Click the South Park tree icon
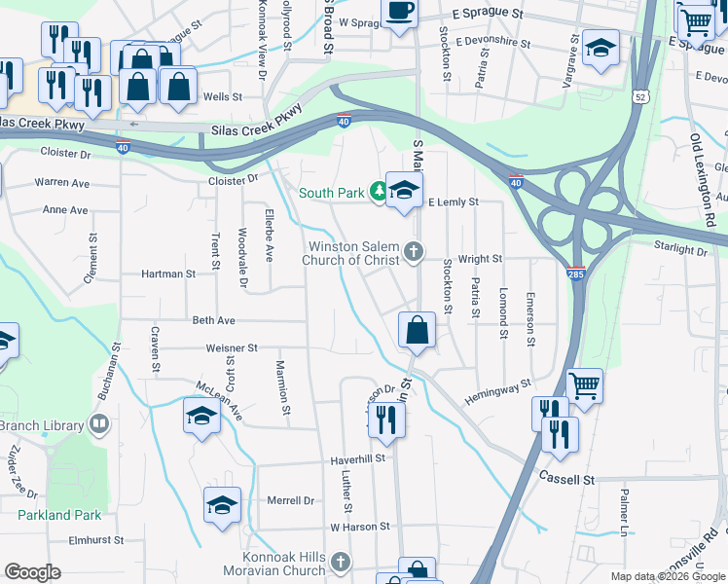[379, 193]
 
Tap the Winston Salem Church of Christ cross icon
[414, 252]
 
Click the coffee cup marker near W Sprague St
[398, 12]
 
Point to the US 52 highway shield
[638, 96]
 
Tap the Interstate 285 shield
[576, 275]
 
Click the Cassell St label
[566, 480]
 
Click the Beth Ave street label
[214, 320]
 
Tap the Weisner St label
[231, 347]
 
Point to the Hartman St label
[168, 274]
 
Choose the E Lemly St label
[455, 201]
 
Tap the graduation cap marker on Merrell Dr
[222, 505]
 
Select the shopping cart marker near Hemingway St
[584, 384]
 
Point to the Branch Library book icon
[98, 424]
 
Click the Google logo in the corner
[32, 572]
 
